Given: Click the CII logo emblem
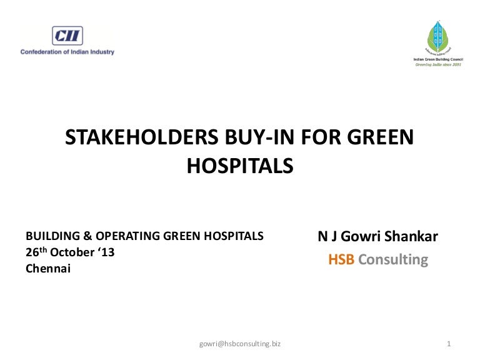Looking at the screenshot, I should pyautogui.click(x=67, y=36).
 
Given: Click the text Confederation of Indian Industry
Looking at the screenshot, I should pyautogui.click(x=67, y=52).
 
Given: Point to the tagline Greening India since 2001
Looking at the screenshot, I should pyautogui.click(x=437, y=64).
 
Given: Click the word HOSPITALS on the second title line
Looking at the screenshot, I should pyautogui.click(x=240, y=166).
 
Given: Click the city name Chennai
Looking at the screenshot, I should pyautogui.click(x=48, y=269).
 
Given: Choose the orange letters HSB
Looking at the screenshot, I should pyautogui.click(x=341, y=260).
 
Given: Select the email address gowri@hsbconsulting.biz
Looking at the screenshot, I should pyautogui.click(x=240, y=344).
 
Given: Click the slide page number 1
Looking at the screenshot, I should pyautogui.click(x=449, y=344).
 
